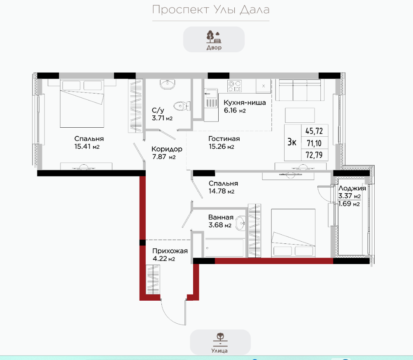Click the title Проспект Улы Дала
click(211, 10)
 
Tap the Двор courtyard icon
click(214, 37)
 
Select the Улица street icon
click(220, 339)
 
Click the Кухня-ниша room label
click(245, 103)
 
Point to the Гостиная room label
click(224, 139)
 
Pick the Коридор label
click(167, 149)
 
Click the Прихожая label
click(170, 251)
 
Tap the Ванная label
click(221, 217)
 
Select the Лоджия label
click(352, 188)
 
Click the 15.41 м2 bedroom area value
click(87, 147)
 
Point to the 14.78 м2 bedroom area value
click(221, 191)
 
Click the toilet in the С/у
click(182, 106)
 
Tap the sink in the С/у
click(167, 84)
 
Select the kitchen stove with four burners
click(234, 86)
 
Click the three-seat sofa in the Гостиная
click(300, 90)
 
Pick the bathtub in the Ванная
click(224, 248)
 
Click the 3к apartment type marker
click(292, 143)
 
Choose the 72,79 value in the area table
click(314, 155)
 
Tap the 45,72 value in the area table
click(314, 131)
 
